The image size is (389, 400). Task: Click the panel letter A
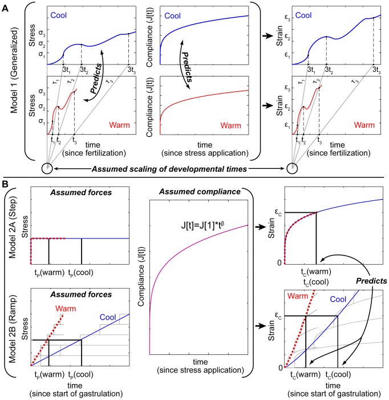[6, 5]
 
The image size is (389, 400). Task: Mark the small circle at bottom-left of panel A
[47, 168]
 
